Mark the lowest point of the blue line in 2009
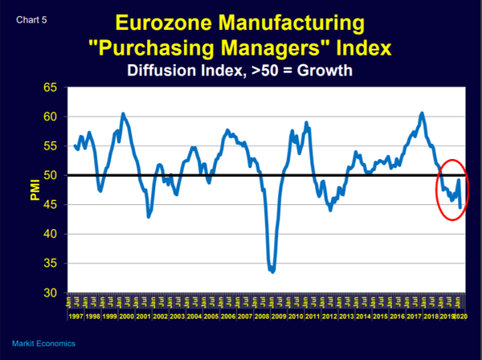pos(273,272)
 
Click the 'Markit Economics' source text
pos(44,343)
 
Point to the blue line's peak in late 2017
pos(423,113)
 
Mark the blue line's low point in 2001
pos(149,216)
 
